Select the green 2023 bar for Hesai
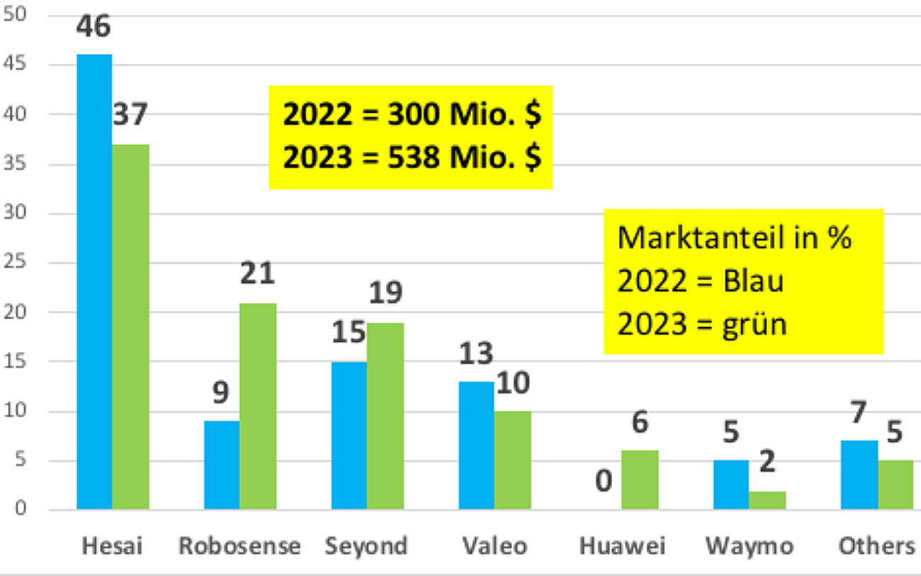point(130,326)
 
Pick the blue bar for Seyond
point(349,436)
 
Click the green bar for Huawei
point(640,480)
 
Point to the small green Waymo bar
point(767,500)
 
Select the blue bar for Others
point(859,475)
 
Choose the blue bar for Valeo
point(476,445)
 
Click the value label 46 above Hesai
point(94,28)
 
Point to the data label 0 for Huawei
point(603,482)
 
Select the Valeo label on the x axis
point(495,546)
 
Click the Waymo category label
point(749,546)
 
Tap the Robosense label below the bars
point(239,546)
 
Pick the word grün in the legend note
point(757,324)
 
